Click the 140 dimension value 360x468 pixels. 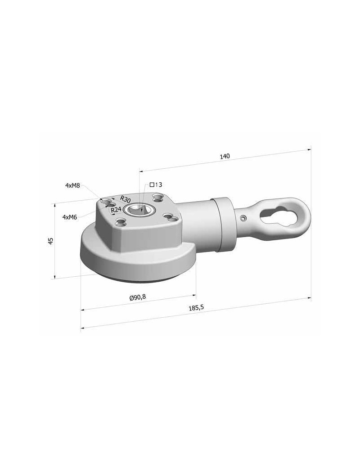[225, 156]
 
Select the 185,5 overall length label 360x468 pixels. [196, 308]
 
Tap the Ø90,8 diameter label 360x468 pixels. [138, 297]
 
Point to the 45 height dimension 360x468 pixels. [51, 241]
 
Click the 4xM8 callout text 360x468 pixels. [72, 185]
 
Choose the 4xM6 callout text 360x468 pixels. [70, 217]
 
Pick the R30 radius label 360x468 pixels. [126, 199]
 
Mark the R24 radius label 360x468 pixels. [116, 210]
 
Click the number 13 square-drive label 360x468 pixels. [158, 185]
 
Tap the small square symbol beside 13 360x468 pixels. [152, 184]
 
